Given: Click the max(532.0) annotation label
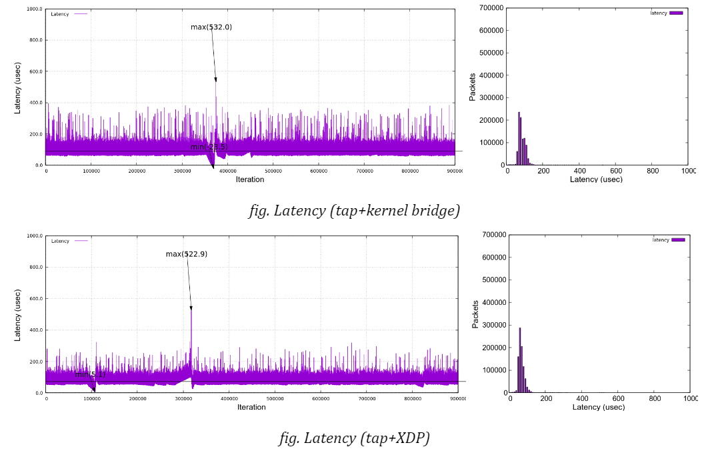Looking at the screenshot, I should (x=211, y=27).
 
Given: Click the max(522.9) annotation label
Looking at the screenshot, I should (x=186, y=254).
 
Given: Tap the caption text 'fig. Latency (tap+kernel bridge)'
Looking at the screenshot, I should (x=354, y=211).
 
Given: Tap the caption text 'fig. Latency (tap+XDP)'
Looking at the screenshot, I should (x=354, y=438).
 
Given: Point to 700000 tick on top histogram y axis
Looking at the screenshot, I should (x=491, y=8).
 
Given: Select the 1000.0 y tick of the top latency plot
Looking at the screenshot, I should (x=34, y=9).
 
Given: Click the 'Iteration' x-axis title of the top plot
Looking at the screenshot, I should (x=250, y=179).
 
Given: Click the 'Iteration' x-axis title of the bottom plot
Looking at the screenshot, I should (x=251, y=407).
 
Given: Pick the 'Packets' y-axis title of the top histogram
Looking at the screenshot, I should (x=473, y=87).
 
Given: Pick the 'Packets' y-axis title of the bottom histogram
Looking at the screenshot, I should (x=475, y=314).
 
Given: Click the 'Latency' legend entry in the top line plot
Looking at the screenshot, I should (x=68, y=14).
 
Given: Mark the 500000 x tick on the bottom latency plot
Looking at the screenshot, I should (x=275, y=399).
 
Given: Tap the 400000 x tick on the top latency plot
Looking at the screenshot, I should (x=227, y=171).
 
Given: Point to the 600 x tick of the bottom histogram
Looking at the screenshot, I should (x=619, y=398).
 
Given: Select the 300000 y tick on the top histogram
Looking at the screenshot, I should (x=491, y=98).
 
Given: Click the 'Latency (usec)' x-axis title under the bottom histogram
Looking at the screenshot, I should (x=599, y=407).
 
